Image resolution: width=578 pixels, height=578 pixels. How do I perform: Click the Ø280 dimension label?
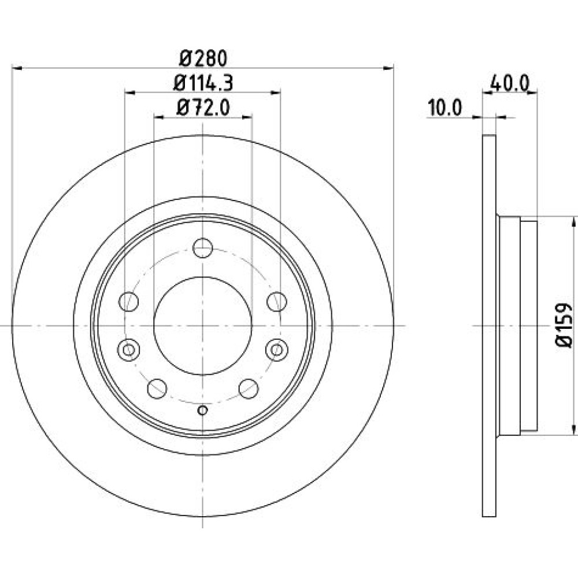(x=203, y=58)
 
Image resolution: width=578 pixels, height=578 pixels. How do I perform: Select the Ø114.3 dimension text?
(x=203, y=83)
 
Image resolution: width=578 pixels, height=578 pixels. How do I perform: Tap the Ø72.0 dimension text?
(x=203, y=108)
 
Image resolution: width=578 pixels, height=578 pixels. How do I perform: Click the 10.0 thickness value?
(x=444, y=108)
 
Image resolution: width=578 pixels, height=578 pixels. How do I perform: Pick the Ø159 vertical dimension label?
(x=563, y=325)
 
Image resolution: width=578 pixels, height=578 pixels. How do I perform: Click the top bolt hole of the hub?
(x=202, y=248)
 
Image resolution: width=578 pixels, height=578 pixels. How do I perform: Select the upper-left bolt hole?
(x=128, y=302)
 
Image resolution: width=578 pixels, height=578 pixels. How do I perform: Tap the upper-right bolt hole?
(x=277, y=302)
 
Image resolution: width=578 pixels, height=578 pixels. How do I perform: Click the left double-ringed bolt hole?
(x=128, y=349)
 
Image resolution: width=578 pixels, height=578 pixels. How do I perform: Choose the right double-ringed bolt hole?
(x=277, y=349)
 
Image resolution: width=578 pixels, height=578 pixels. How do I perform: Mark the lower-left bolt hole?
(x=157, y=388)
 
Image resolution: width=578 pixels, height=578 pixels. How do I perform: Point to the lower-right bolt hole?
(x=249, y=388)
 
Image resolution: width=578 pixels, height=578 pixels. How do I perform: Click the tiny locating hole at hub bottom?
(x=202, y=410)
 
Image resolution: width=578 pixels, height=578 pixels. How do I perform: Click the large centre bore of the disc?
(x=202, y=326)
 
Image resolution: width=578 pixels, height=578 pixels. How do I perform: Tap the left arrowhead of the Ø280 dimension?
(x=17, y=68)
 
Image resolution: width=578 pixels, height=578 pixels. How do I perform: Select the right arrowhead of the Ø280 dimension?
(x=388, y=68)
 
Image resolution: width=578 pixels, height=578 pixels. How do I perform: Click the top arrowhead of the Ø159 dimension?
(x=573, y=223)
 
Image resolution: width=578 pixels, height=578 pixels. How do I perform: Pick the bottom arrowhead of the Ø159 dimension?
(x=573, y=429)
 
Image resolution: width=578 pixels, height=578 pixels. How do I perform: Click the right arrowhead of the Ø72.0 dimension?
(x=247, y=117)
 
